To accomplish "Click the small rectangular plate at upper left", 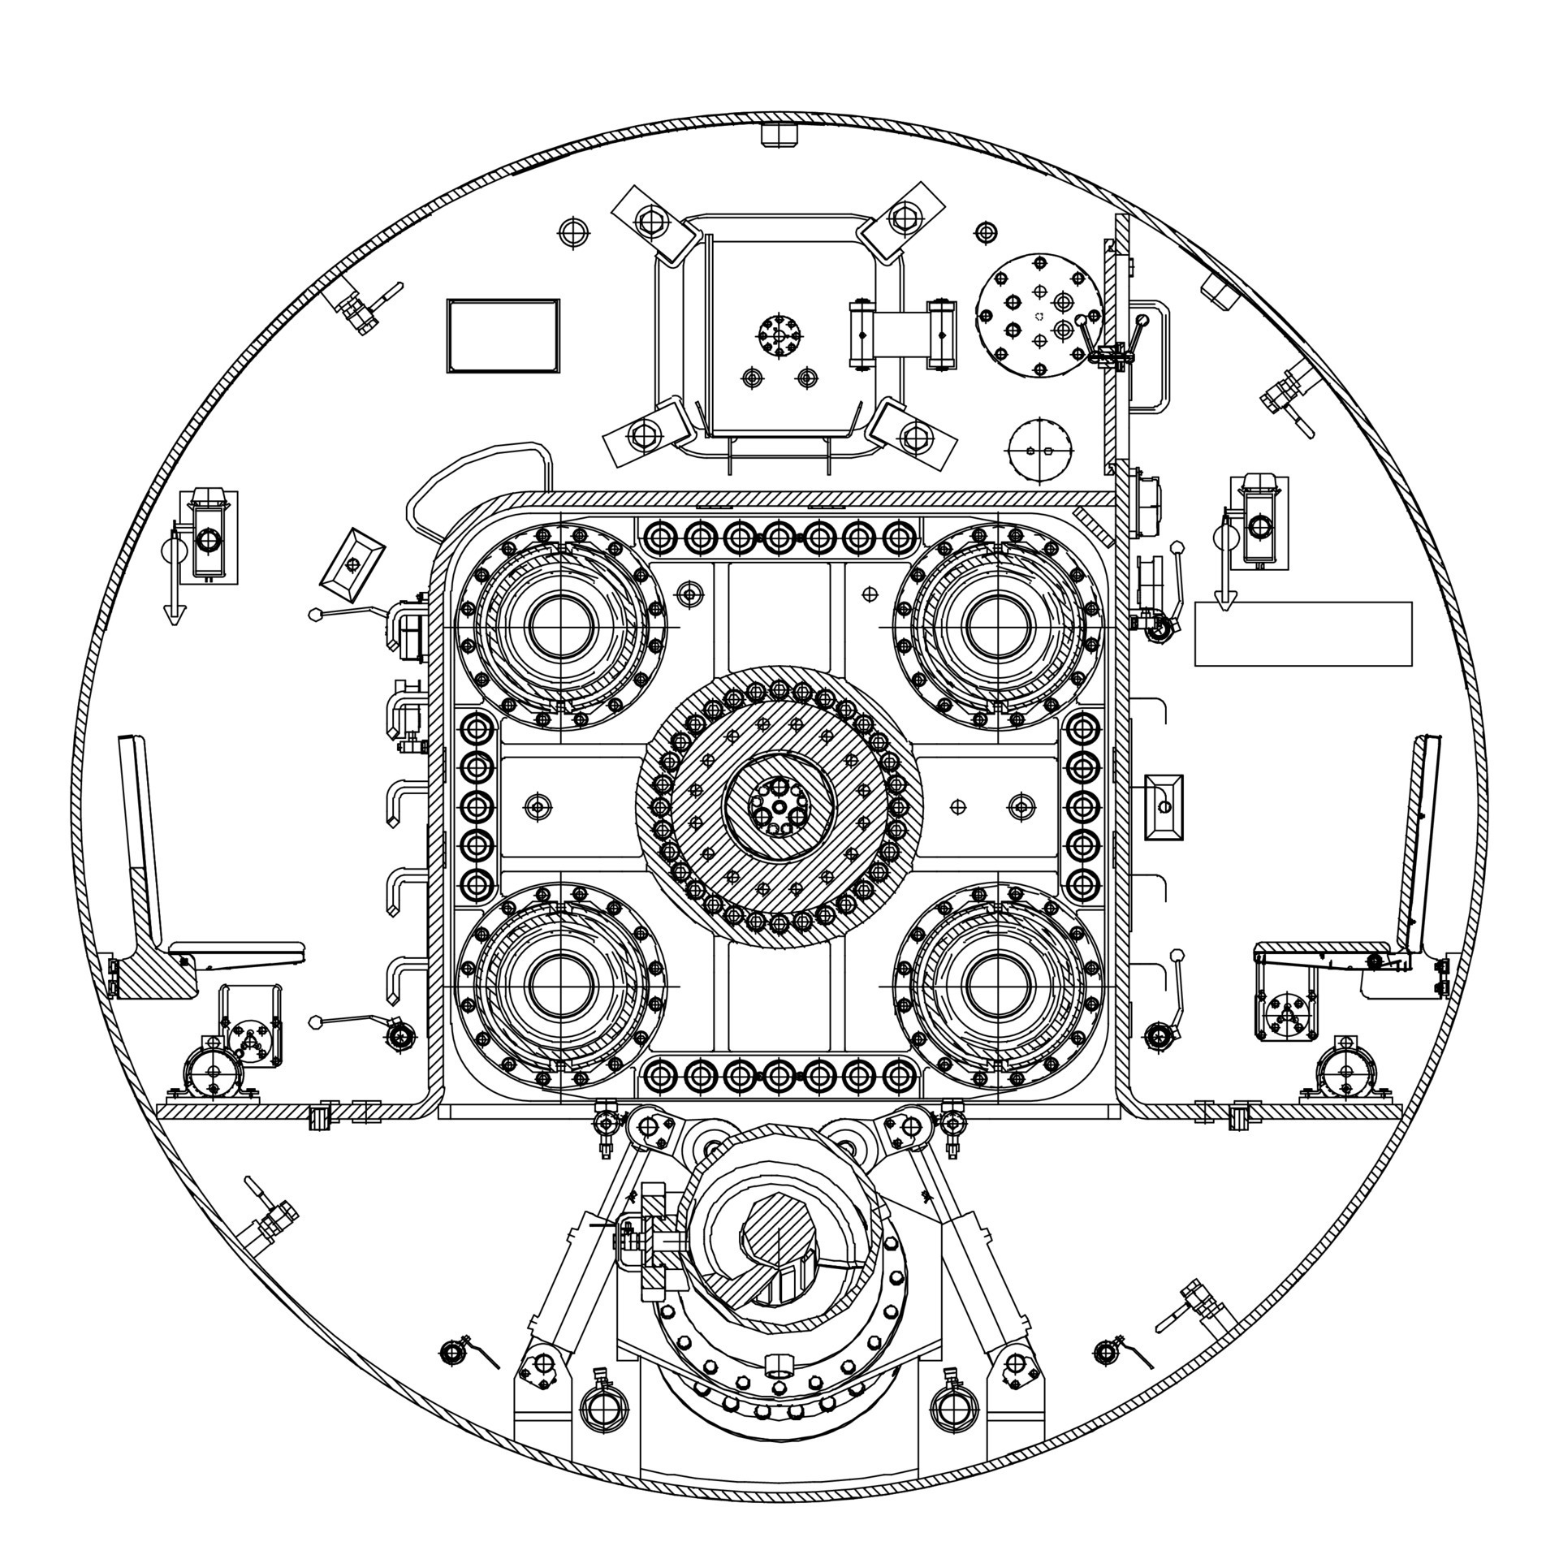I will point(503,335).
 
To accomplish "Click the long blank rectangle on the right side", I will point(1303,633).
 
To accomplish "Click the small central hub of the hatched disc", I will point(779,806).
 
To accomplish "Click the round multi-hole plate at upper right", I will point(1038,315).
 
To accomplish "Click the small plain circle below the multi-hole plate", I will point(1039,451).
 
